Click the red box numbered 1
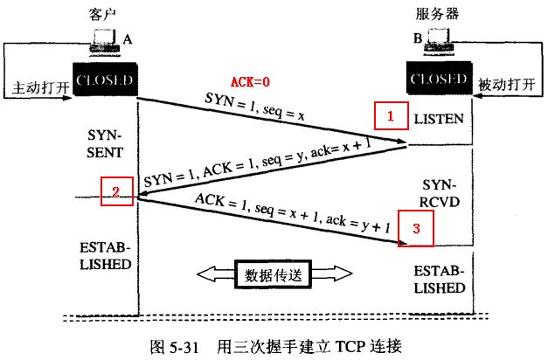coord(392,115)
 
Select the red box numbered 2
coord(115,190)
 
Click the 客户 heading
coord(103,16)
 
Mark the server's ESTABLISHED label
coord(439,278)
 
